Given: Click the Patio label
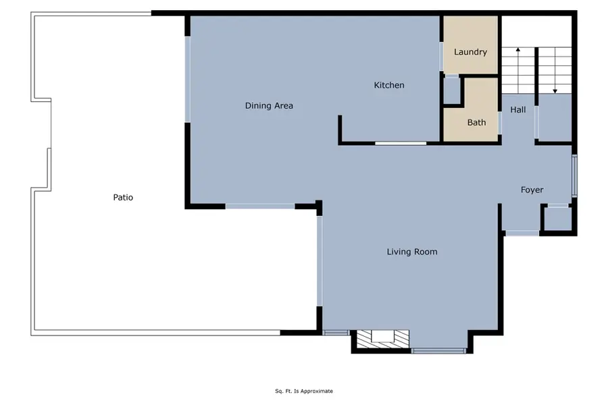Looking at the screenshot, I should pos(123,198).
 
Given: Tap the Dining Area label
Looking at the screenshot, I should pos(268,106).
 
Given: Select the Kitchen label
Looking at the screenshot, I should pos(389,85).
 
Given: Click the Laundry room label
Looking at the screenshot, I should pos(470,52).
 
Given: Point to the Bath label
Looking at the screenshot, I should pos(476,122).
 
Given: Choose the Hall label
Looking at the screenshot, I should pos(518,109).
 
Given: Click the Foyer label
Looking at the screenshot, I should pos(532,190).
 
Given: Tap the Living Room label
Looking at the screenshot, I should pos(411,252).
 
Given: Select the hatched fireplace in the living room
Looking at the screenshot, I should pos(382,338).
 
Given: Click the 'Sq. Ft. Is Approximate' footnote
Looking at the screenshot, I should pos(303,391).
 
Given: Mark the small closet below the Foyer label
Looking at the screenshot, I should pos(558,219).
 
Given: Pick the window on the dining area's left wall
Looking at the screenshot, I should pos(188,80).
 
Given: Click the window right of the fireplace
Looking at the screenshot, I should pos(438,350).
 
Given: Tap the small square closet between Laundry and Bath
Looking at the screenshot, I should pos(451,90).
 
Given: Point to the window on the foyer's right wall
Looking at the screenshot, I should pos(574,175).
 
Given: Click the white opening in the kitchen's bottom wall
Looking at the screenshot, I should pos(401,143).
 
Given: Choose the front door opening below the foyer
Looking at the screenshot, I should pos(522,234).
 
